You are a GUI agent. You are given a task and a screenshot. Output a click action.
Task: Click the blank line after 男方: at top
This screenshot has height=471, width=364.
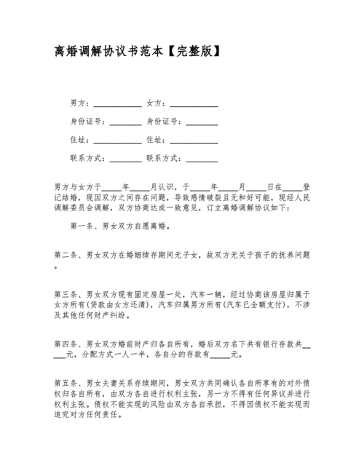point(117,104)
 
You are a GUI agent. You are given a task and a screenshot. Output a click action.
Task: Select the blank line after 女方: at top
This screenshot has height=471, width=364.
point(193,104)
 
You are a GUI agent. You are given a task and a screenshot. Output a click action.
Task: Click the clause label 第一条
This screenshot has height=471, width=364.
point(82,227)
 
